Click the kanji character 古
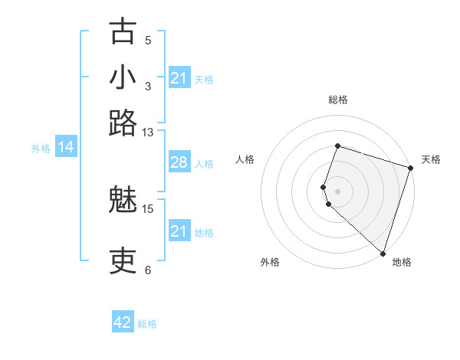(x=123, y=32)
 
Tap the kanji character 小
(x=123, y=77)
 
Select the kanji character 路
(x=123, y=123)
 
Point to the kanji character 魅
(x=123, y=200)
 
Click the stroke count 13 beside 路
(x=148, y=132)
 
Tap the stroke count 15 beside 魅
(x=148, y=208)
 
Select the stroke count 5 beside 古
(x=148, y=40)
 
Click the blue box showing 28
(x=179, y=163)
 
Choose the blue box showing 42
(x=123, y=322)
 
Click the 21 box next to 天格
(x=179, y=78)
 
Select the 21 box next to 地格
(x=179, y=231)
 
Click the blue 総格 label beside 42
(x=147, y=324)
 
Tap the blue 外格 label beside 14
(x=40, y=149)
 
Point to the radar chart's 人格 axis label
(x=245, y=159)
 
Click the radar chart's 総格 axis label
(x=337, y=100)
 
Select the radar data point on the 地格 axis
(x=383, y=253)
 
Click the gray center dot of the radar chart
(x=337, y=191)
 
